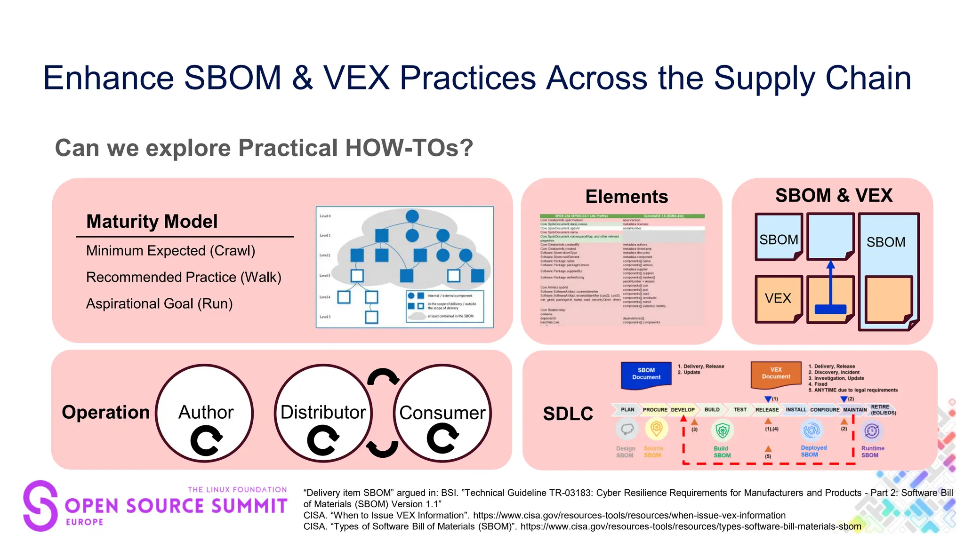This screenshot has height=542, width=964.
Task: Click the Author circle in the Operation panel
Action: (x=205, y=413)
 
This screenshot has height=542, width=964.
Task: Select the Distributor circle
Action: (x=323, y=413)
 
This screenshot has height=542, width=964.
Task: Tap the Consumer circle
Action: (x=442, y=413)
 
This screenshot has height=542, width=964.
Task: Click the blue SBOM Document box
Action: (x=646, y=374)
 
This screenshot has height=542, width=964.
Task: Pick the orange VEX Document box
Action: (x=776, y=374)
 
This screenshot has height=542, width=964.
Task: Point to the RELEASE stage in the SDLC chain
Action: (x=767, y=410)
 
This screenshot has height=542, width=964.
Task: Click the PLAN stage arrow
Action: (x=627, y=410)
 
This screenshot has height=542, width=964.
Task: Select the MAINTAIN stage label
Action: (x=854, y=410)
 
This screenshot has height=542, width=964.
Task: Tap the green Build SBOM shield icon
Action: (x=722, y=430)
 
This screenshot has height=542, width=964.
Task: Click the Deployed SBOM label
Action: (x=813, y=451)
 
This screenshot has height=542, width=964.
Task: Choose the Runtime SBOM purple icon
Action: (x=872, y=430)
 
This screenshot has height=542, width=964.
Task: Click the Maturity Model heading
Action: (x=152, y=222)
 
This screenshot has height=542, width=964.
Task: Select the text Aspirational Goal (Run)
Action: (x=159, y=304)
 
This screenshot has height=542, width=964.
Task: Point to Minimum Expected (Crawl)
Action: (x=170, y=251)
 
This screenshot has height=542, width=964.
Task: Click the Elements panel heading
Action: (x=626, y=197)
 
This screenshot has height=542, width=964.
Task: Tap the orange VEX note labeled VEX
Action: (x=778, y=298)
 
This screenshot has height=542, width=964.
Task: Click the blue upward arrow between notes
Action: (x=830, y=285)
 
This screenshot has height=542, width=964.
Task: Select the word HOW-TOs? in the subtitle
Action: (x=409, y=148)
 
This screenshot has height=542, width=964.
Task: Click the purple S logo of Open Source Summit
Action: (x=40, y=506)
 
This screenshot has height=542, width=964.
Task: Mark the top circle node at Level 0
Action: (x=412, y=216)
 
